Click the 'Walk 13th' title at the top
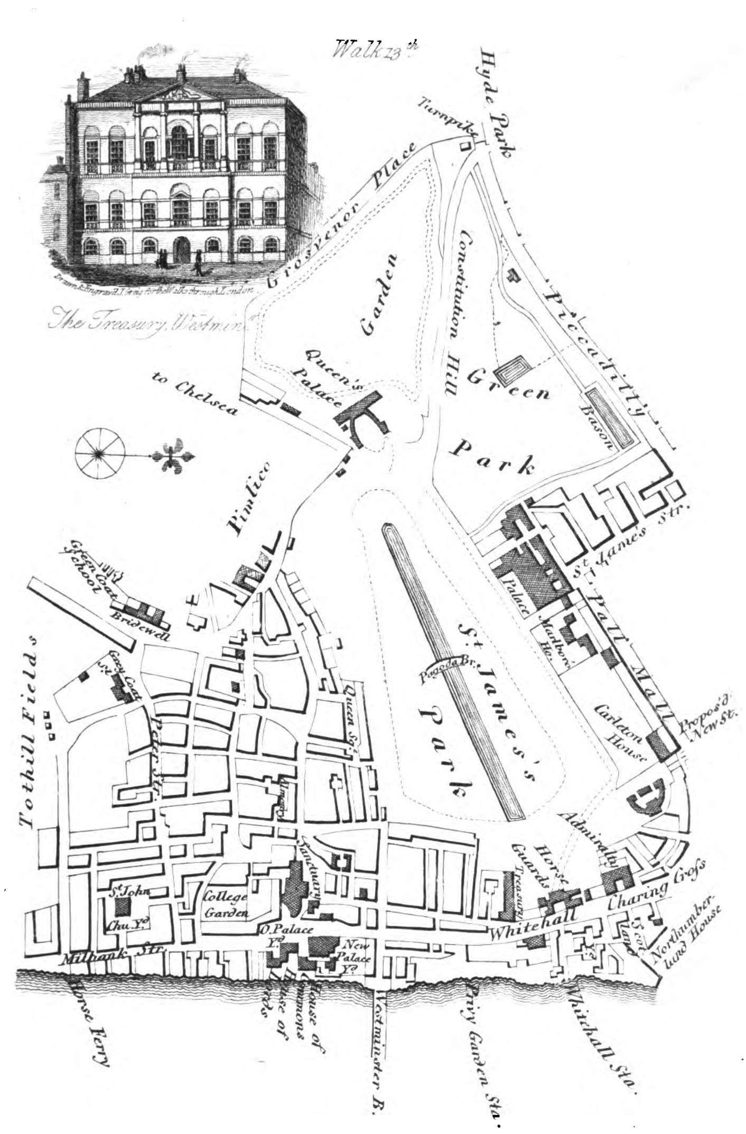tap(376, 50)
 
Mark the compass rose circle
tap(99, 453)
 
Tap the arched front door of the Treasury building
tap(183, 250)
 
